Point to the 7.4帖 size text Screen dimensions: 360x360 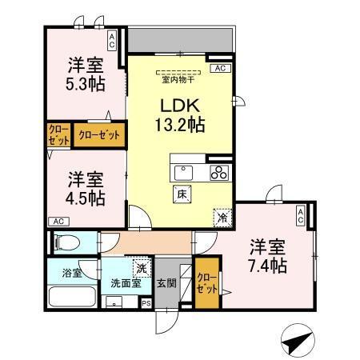click(266, 266)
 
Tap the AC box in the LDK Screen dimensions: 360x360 click(218, 70)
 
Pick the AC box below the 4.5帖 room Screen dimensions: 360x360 click(58, 221)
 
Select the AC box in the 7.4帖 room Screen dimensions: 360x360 click(300, 214)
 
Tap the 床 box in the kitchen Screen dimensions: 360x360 click(181, 193)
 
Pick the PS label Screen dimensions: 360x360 click(146, 303)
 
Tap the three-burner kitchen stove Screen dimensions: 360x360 click(220, 172)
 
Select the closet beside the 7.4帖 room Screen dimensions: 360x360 click(206, 285)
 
